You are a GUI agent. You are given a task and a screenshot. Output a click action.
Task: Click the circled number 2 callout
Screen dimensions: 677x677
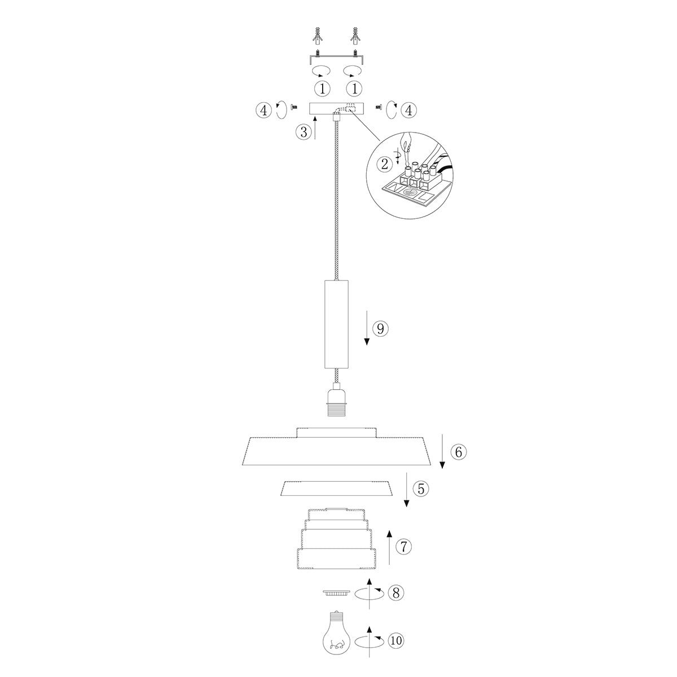click(385, 164)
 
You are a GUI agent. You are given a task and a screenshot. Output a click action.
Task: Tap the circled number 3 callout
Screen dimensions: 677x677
click(304, 132)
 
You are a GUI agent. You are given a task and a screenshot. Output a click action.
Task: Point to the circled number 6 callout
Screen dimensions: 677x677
click(458, 451)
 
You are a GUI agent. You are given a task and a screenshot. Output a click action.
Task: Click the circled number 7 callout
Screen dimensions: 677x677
click(403, 546)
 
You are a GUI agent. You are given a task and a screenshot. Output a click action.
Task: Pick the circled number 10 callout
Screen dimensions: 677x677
click(396, 640)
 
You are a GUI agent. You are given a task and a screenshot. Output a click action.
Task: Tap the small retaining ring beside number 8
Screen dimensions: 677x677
click(337, 592)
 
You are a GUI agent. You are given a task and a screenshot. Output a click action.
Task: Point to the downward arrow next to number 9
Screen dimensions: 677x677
click(367, 327)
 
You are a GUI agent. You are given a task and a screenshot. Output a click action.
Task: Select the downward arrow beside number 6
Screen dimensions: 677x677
click(442, 451)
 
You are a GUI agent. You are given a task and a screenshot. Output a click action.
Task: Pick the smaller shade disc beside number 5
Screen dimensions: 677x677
click(337, 489)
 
